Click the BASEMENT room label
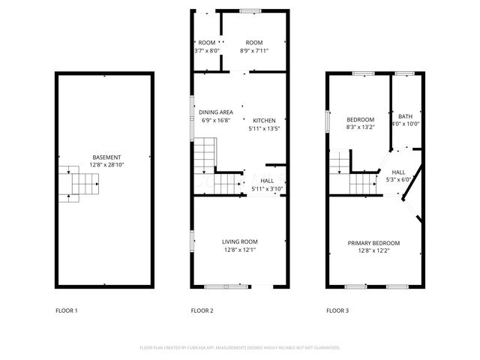pyautogui.click(x=105, y=157)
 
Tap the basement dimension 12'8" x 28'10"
pyautogui.click(x=105, y=164)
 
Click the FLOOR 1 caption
pyautogui.click(x=67, y=310)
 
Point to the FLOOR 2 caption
pyautogui.click(x=202, y=310)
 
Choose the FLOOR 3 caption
pyautogui.click(x=337, y=310)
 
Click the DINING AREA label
pyautogui.click(x=216, y=112)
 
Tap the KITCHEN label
pyautogui.click(x=264, y=120)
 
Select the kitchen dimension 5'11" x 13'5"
pyautogui.click(x=264, y=128)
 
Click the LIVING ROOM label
pyautogui.click(x=240, y=241)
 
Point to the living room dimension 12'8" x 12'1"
pyautogui.click(x=240, y=249)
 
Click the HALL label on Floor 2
pyautogui.click(x=267, y=181)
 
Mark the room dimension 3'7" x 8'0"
pyautogui.click(x=206, y=50)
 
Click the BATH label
pyautogui.click(x=405, y=116)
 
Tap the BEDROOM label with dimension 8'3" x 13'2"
pyautogui.click(x=360, y=120)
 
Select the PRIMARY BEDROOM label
pyautogui.click(x=373, y=243)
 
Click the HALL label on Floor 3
pyautogui.click(x=398, y=172)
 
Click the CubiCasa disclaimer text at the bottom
pyautogui.click(x=240, y=348)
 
